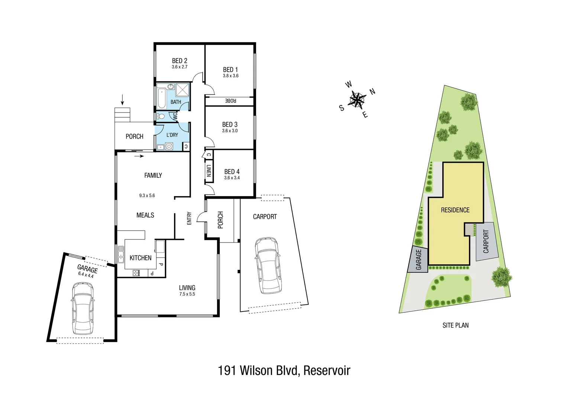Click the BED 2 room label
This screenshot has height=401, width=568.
[180, 61]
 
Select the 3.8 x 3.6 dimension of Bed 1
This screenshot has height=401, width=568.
[230, 76]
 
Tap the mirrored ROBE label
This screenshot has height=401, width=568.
[230, 101]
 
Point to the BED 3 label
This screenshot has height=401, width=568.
[230, 124]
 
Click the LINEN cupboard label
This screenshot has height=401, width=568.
[209, 170]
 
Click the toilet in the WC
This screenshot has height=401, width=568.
[161, 116]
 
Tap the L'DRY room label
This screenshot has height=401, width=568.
[172, 135]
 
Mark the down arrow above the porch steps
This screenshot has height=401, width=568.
[122, 100]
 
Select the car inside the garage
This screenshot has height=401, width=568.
[83, 308]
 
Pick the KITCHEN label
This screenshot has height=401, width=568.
[141, 258]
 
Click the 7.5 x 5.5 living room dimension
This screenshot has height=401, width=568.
[187, 294]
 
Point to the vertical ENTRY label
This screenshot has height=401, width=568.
[189, 218]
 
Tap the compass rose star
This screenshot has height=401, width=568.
[357, 100]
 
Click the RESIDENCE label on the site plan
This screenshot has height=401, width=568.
[455, 210]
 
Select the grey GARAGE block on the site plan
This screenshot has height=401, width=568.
[418, 259]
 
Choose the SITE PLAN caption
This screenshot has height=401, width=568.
[455, 325]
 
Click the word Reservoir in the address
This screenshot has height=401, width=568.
[327, 371]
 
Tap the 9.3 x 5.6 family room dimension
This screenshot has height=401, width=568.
[147, 195]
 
